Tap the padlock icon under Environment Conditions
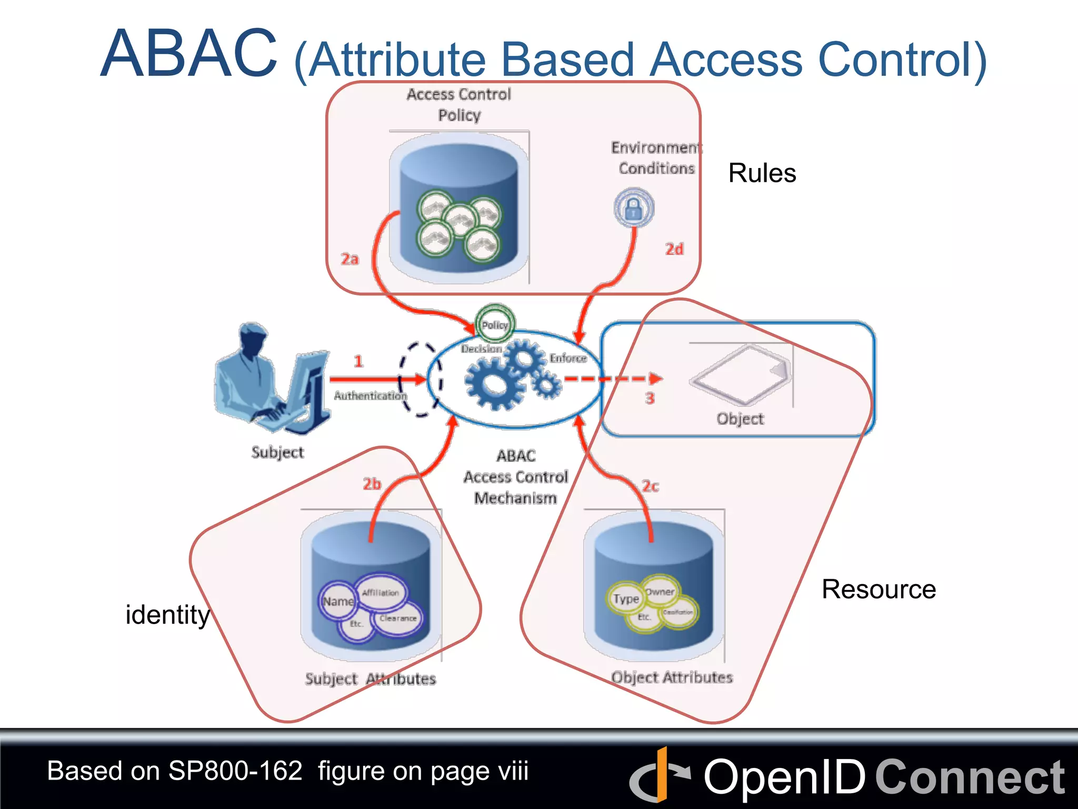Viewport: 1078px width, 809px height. [x=634, y=208]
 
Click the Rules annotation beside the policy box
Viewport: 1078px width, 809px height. [x=762, y=173]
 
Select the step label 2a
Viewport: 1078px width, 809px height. [x=350, y=259]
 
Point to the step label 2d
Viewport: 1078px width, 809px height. [x=674, y=249]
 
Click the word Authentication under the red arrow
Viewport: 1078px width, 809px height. [x=371, y=396]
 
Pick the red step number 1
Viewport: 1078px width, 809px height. [x=358, y=361]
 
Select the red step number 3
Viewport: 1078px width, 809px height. [x=650, y=398]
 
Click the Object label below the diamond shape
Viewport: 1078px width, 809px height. [x=740, y=419]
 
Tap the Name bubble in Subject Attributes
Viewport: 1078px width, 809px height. [x=338, y=601]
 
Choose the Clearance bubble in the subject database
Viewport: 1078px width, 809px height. [x=398, y=618]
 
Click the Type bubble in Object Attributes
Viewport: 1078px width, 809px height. [x=626, y=599]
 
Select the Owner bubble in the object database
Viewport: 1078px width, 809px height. [x=660, y=591]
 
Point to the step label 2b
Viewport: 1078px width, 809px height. [x=372, y=484]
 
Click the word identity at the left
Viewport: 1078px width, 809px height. [x=167, y=615]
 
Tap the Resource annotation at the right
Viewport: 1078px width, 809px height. [x=879, y=589]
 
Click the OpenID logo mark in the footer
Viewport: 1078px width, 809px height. [x=660, y=775]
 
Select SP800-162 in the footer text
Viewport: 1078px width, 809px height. [x=235, y=771]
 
